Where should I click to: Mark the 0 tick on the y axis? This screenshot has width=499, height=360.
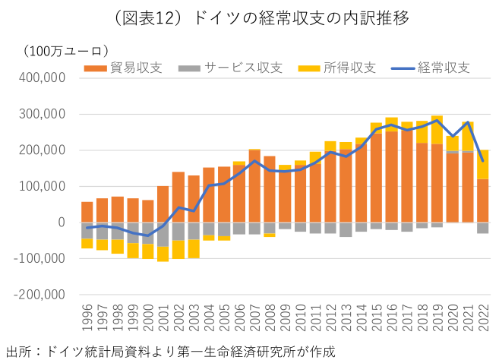[x=66, y=223]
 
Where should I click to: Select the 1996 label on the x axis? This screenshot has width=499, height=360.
[x=87, y=318]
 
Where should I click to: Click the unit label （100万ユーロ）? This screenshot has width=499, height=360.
[x=64, y=52]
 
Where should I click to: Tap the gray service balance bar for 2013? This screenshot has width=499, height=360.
[x=345, y=229]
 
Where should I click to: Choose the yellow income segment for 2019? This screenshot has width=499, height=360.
[x=436, y=129]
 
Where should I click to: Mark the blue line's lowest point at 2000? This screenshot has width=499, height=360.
[x=147, y=235]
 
